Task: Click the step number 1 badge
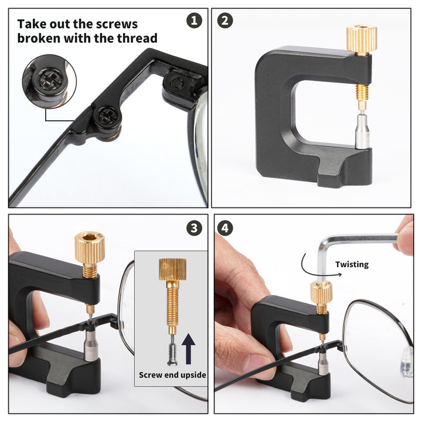tap(194, 21)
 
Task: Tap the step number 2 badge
tap(225, 21)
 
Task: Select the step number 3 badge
tap(194, 227)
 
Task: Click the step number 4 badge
tap(225, 227)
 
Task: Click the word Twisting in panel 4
tap(352, 264)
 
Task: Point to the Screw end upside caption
tap(172, 375)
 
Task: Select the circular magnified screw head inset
tap(49, 81)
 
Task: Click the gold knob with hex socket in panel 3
tap(90, 247)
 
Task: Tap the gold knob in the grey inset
tap(172, 271)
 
